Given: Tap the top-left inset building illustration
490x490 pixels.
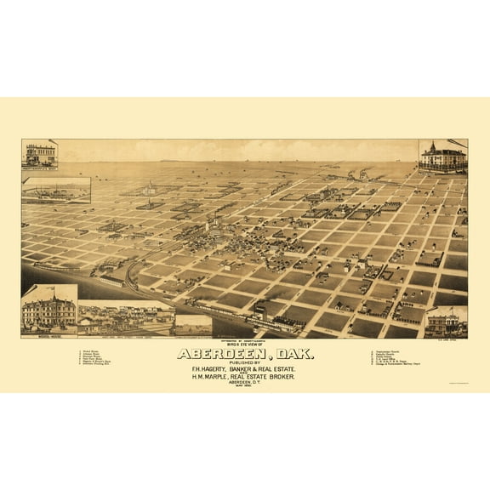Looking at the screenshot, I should (x=40, y=154).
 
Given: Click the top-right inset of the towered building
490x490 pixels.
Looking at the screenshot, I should (x=443, y=157).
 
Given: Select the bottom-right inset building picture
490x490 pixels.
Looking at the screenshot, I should (x=445, y=322).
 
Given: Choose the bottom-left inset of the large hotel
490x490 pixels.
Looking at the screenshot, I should (x=48, y=311).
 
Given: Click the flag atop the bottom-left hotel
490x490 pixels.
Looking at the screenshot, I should (x=49, y=288).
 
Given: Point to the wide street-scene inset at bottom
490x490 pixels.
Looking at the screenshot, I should (x=126, y=319).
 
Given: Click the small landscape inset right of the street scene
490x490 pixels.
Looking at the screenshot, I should (x=193, y=323).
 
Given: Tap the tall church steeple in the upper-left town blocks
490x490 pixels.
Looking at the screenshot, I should (x=149, y=185).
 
